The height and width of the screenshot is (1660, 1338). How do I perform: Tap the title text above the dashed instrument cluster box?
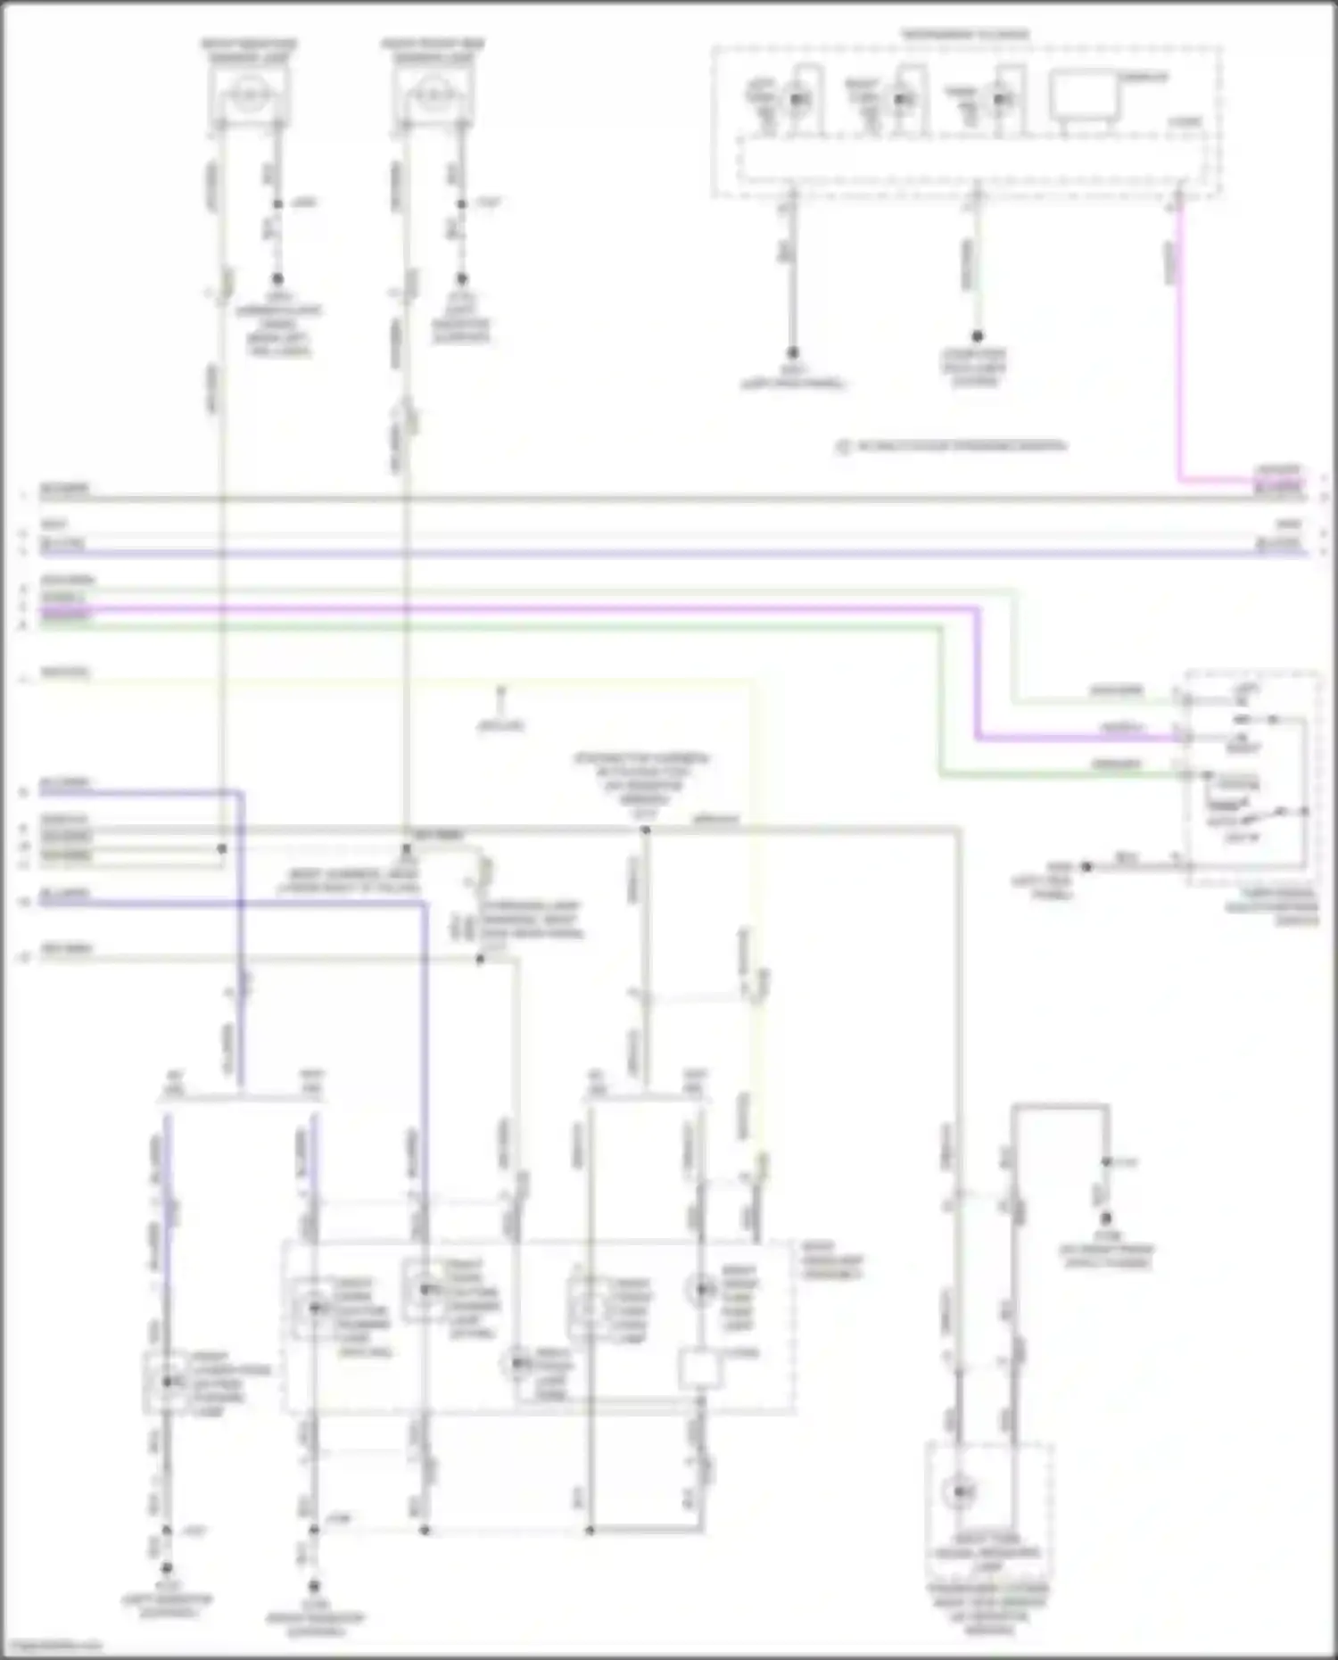[x=965, y=35]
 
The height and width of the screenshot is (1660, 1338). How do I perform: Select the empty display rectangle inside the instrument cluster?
[x=1082, y=94]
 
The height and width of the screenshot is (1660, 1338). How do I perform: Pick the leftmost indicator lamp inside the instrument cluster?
[x=797, y=99]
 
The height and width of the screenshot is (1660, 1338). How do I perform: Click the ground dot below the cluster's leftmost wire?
[x=791, y=353]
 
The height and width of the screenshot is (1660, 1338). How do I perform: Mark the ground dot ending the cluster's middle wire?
[x=977, y=336]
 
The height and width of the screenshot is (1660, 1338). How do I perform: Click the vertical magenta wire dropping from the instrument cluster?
[x=1179, y=357]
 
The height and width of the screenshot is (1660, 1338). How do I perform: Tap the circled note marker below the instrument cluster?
[x=843, y=447]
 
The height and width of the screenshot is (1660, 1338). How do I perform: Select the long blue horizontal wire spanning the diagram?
[x=669, y=553]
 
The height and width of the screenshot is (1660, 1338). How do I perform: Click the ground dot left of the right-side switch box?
[x=1086, y=866]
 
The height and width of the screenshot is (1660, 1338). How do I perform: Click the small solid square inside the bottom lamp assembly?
[x=701, y=1371]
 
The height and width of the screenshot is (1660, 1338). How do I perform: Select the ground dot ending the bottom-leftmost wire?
[x=166, y=1567]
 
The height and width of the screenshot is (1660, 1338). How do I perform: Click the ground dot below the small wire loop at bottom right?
[x=1105, y=1218]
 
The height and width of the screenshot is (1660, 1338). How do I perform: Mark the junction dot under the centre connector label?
[x=645, y=830]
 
